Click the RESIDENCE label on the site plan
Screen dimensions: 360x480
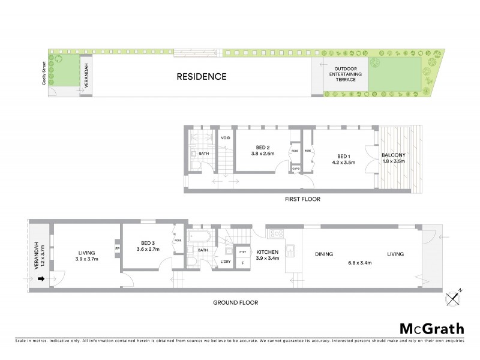tap(201, 76)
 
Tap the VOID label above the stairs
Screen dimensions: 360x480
tap(225, 138)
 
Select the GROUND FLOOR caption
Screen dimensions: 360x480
tap(235, 303)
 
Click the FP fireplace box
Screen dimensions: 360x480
tap(118, 247)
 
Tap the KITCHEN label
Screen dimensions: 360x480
tap(268, 253)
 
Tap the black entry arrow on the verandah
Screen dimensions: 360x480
tap(41, 278)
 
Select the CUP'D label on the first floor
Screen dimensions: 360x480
tap(296, 169)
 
